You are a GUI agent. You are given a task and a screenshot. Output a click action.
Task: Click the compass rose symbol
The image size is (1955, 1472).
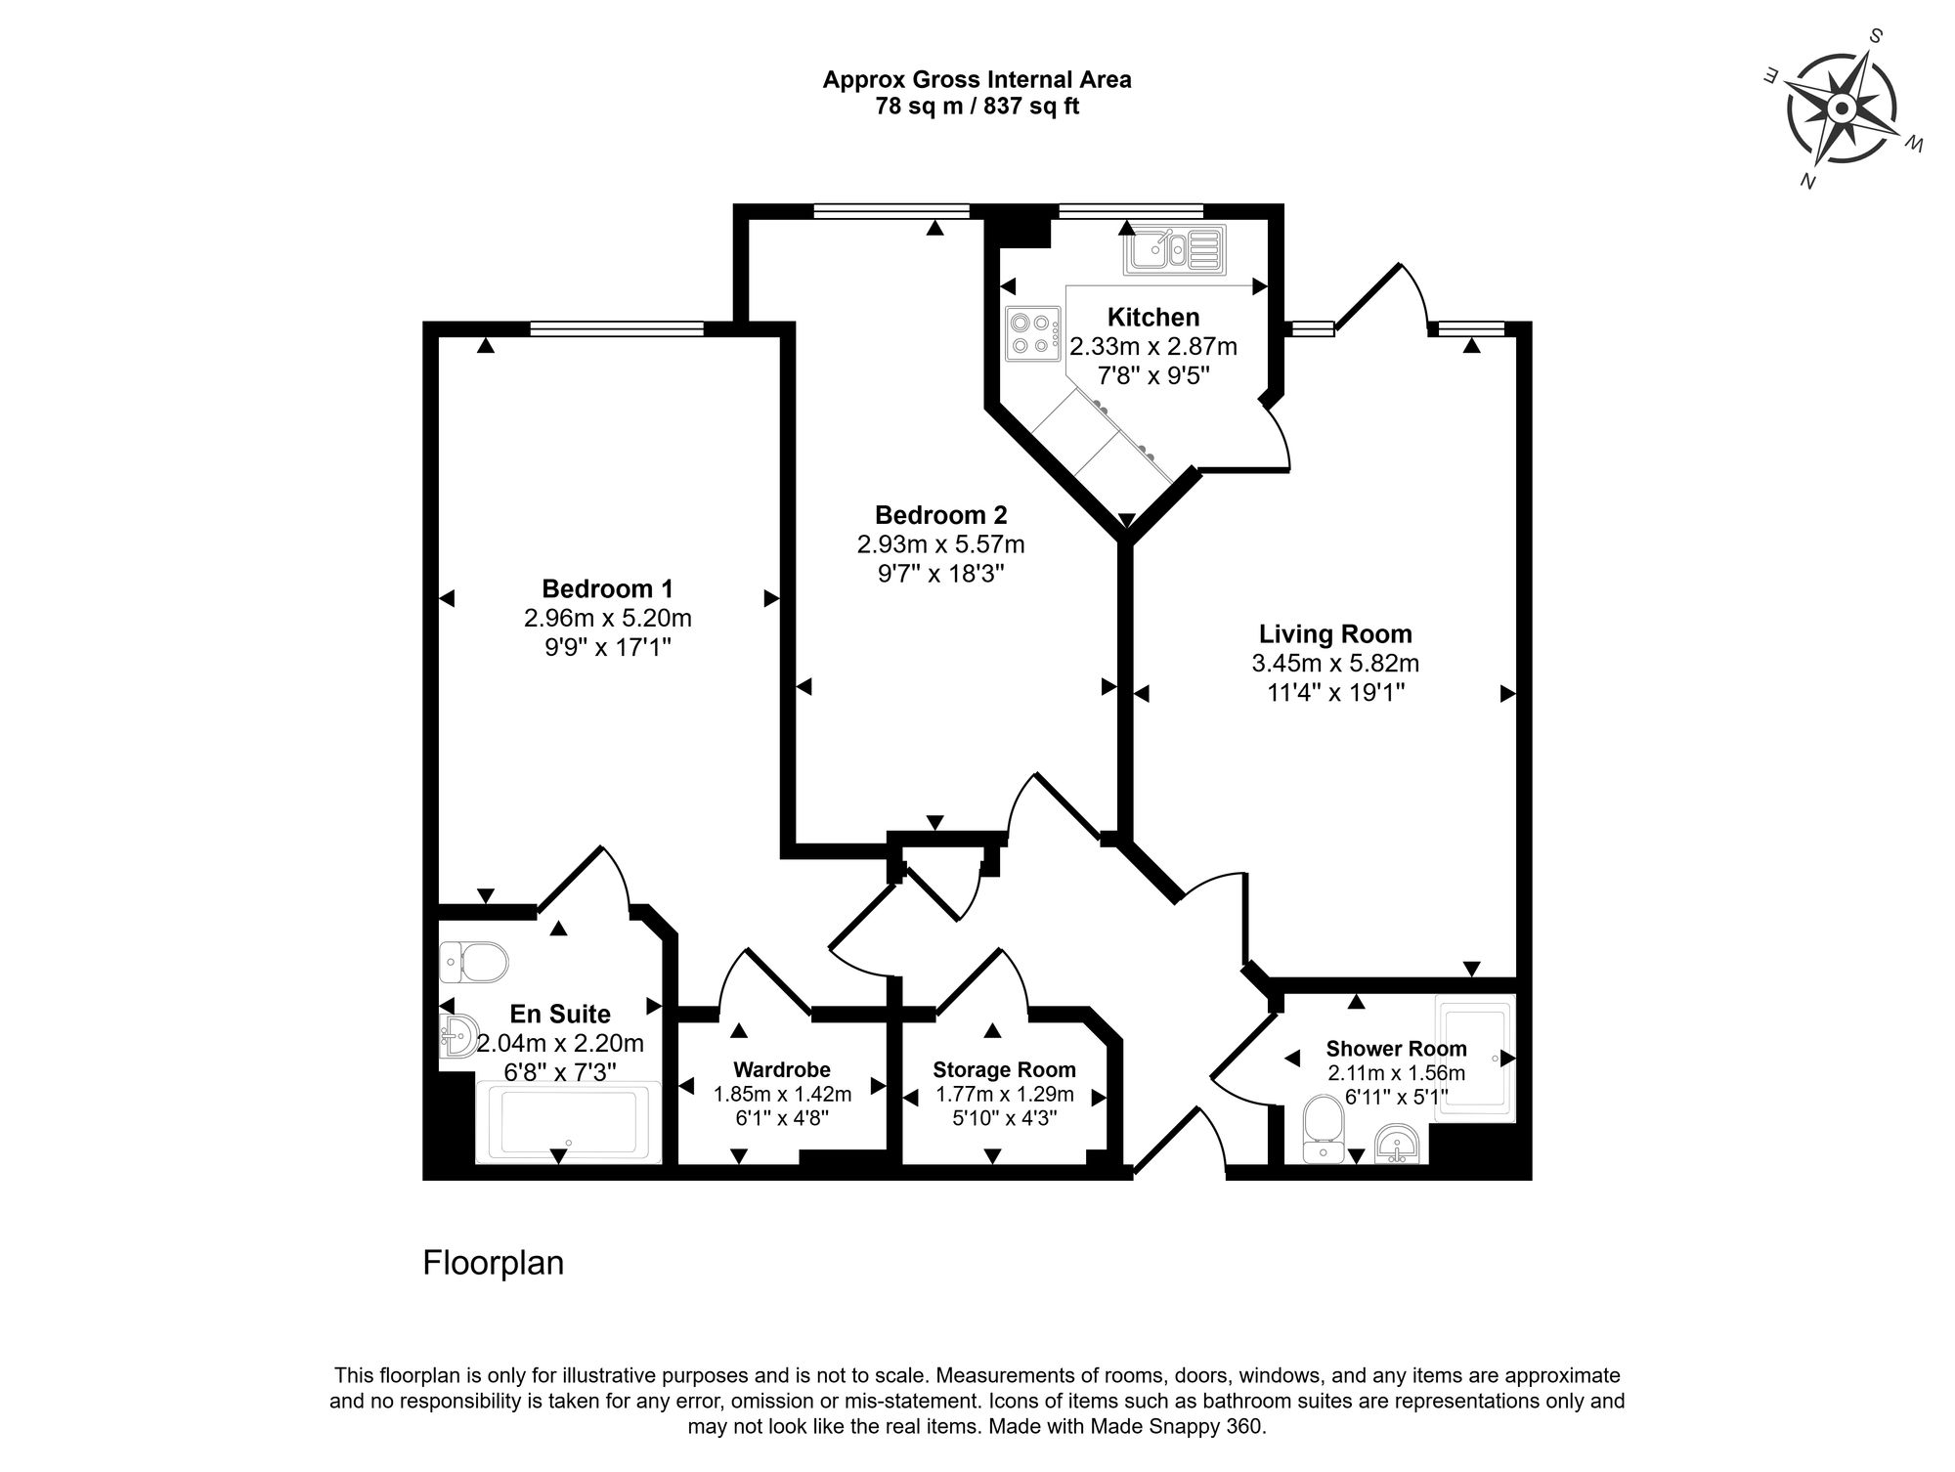click(x=1842, y=108)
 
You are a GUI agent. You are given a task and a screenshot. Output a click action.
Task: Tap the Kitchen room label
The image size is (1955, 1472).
click(x=1153, y=317)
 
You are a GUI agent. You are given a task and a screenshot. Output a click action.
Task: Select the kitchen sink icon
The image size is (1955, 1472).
click(x=1174, y=249)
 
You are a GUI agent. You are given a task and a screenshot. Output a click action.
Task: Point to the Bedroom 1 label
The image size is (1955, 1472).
click(x=607, y=588)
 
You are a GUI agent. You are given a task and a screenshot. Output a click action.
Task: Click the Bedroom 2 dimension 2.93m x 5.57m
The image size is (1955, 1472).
click(x=940, y=543)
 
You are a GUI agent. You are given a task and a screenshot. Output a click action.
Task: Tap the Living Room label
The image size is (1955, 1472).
click(x=1335, y=633)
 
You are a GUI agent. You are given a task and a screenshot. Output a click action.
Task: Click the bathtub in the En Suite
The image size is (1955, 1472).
click(x=568, y=1122)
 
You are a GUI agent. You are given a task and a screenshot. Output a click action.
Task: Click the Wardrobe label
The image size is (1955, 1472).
click(x=782, y=1070)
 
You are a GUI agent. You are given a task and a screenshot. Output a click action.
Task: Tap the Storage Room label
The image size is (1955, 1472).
click(x=1004, y=1069)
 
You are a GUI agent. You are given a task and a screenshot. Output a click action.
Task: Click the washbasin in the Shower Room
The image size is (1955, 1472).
click(x=1399, y=1144)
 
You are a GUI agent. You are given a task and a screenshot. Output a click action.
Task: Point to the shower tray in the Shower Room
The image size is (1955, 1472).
click(x=1474, y=1056)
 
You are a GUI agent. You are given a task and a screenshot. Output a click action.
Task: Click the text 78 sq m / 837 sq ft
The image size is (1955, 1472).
click(x=977, y=107)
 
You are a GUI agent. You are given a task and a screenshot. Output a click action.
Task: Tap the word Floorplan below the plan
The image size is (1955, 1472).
click(x=493, y=1263)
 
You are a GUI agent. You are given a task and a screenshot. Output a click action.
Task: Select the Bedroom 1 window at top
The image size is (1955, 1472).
click(x=617, y=328)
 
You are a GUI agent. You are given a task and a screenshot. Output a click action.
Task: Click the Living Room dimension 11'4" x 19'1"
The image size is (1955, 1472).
click(x=1335, y=693)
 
